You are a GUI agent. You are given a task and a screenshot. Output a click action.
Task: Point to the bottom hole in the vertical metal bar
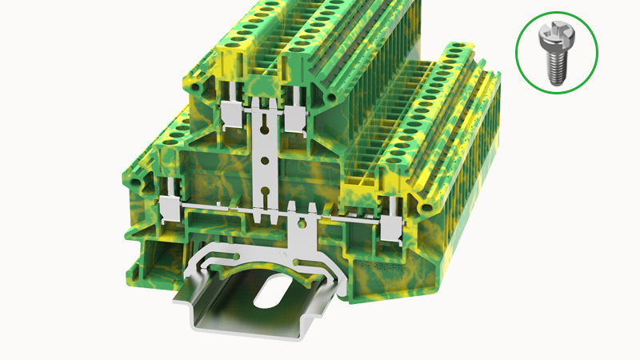pyautogui.click(x=264, y=193)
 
